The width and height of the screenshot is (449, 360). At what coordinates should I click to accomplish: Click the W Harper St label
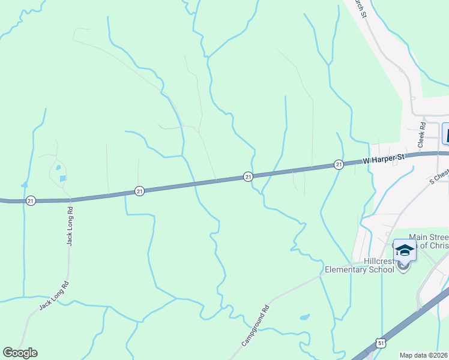point(384,158)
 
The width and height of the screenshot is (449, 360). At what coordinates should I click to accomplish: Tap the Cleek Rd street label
point(422,135)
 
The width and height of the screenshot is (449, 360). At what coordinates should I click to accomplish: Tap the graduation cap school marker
point(405,250)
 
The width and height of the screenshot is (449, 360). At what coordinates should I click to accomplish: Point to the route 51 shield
point(382,342)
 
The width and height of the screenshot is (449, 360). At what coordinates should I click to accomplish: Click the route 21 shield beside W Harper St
point(339,164)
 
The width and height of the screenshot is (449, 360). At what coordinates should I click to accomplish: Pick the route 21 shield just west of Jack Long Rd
point(31,200)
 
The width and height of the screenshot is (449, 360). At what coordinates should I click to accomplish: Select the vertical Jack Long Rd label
point(70,226)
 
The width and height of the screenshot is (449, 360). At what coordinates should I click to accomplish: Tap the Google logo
point(20,353)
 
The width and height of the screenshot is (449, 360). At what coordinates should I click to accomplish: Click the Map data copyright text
point(424,355)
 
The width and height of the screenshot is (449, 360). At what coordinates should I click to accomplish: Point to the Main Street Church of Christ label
point(427,241)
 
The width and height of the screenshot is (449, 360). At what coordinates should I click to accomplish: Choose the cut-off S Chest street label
point(439,175)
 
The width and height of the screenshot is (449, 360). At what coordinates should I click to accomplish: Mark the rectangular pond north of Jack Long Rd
point(62,179)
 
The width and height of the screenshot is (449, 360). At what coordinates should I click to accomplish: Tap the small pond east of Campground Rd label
point(304,316)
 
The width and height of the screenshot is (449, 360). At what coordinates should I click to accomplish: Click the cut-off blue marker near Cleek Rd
point(445,133)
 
